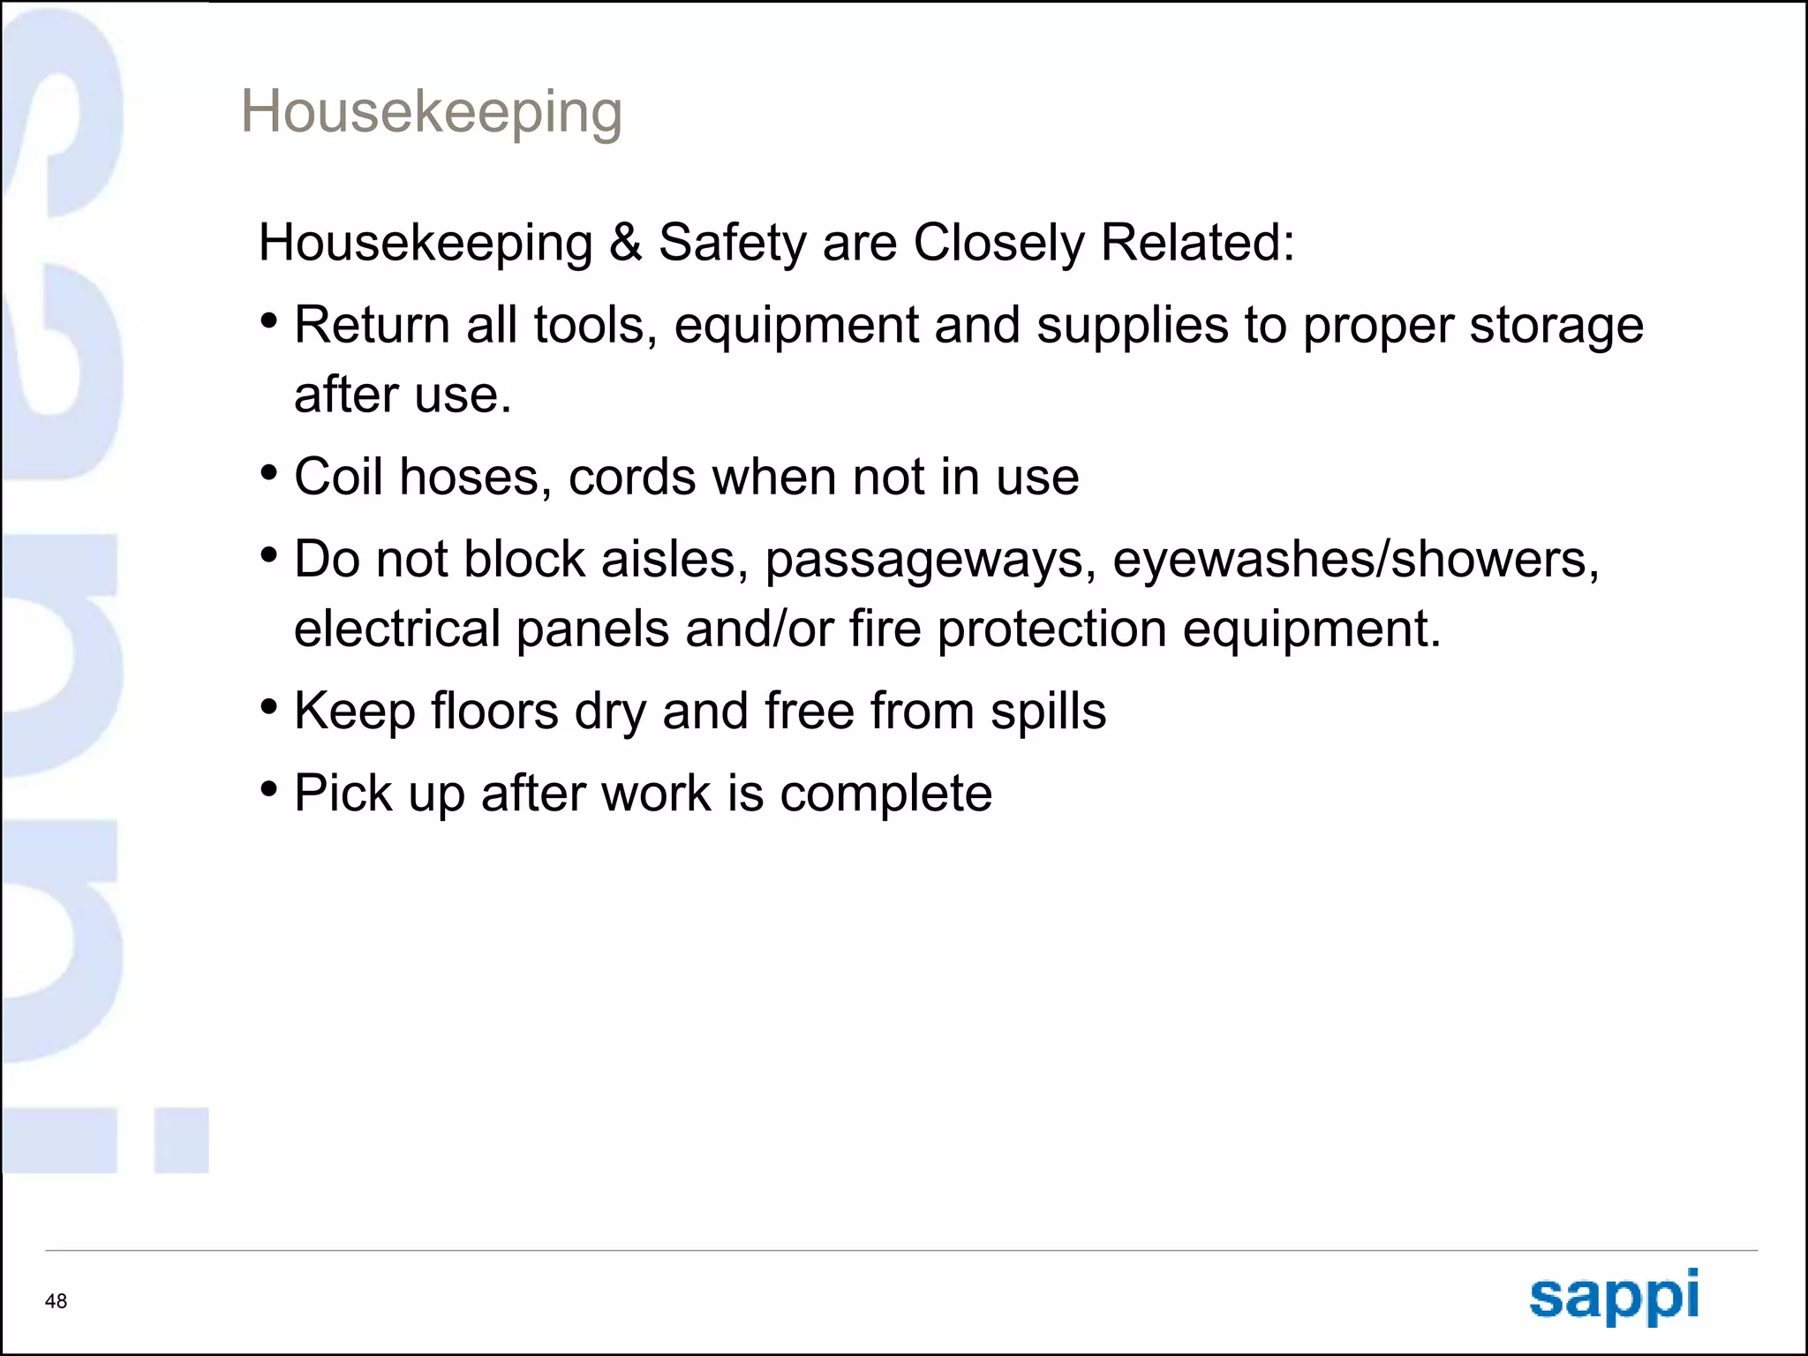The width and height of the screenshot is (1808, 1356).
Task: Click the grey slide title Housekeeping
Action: pos(431,113)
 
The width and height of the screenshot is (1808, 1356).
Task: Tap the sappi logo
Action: pos(1614,1296)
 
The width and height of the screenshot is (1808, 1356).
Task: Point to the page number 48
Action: pos(56,1300)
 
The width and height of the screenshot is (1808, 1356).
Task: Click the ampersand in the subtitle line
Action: pos(625,242)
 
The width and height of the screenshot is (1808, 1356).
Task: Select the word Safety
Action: pos(733,244)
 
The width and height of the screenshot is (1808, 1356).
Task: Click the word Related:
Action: pos(1197,242)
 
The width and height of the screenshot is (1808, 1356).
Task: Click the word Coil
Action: pos(339,477)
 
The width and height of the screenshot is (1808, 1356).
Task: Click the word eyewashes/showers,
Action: pos(1355,560)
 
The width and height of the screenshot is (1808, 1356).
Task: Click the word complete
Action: pos(885,794)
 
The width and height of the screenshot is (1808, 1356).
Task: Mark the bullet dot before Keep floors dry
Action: pos(269,707)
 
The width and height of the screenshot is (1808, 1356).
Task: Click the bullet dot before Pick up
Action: pos(269,788)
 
